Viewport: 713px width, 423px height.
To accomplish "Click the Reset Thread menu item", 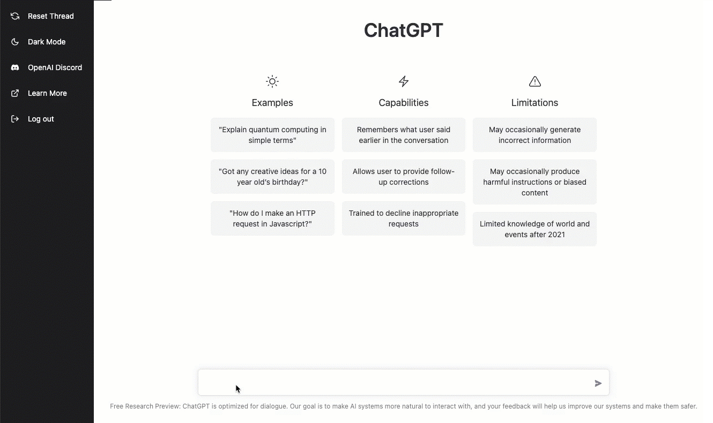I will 50,16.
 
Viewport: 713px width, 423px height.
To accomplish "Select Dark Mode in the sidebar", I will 46,42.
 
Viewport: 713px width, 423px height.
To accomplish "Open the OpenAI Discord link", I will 55,67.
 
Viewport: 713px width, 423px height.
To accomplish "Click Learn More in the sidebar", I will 47,93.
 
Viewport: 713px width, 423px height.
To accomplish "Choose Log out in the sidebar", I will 41,119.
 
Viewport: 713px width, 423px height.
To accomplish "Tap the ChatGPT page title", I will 403,31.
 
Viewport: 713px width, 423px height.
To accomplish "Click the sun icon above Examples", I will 272,81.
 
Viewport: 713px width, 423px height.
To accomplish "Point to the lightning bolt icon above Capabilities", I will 404,81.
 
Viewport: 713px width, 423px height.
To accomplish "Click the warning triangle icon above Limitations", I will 534,81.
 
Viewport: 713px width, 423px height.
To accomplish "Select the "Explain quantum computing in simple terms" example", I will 272,135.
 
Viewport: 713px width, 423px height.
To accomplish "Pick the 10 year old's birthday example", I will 272,177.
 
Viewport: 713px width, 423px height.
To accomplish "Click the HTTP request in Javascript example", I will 272,218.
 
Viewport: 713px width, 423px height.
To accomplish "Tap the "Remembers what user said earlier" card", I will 404,135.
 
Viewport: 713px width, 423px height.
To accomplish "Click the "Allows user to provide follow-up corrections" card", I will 404,177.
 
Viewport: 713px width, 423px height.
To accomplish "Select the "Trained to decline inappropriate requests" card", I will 404,218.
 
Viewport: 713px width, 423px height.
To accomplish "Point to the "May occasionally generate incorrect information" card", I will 534,135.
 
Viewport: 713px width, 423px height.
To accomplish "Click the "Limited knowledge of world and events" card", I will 534,229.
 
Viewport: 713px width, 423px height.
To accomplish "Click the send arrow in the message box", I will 598,383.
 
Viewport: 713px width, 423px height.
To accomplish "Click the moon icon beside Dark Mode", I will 15,42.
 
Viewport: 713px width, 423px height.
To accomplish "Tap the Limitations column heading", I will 534,103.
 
